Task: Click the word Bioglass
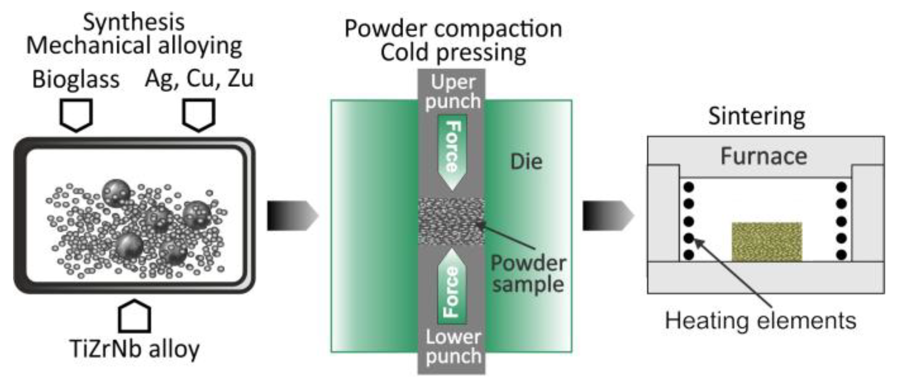coord(76,79)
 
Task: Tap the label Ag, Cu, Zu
coord(199,78)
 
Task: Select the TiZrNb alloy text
coord(134,349)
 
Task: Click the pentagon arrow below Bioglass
coord(76,115)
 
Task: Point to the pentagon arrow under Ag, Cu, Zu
coord(199,114)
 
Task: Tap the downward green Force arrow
coord(452,152)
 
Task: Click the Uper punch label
coord(453,92)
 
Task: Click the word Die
coord(526,162)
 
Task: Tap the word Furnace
coord(763,156)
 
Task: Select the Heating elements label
coord(761,321)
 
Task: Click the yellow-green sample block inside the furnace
coord(766,242)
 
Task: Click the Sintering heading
coord(757,116)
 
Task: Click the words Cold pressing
coord(453,53)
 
